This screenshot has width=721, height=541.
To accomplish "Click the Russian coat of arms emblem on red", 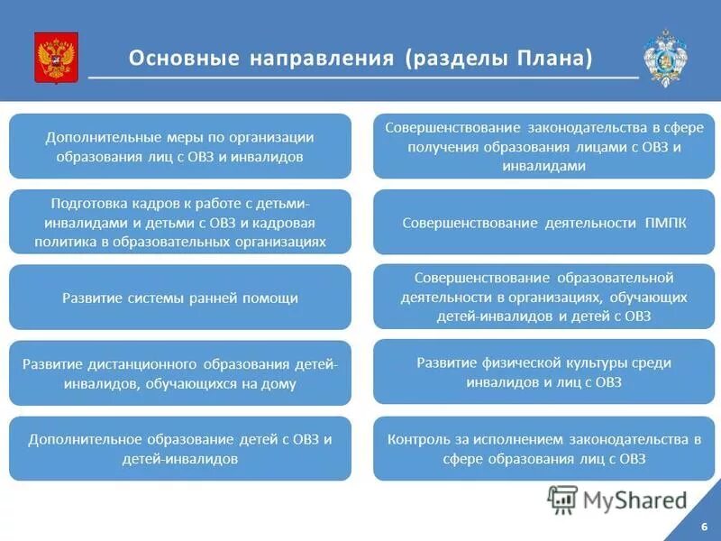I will [56, 58].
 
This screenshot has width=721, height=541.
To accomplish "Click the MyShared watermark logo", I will [617, 499].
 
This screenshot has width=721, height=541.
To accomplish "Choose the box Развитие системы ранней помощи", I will [180, 298].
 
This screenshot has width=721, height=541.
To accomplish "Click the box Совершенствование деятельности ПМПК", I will [543, 222].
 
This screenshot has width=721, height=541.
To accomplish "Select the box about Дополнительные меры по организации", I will [180, 146].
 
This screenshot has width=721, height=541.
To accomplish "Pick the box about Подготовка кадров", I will [180, 222].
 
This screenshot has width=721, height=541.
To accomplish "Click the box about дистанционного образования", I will [180, 373].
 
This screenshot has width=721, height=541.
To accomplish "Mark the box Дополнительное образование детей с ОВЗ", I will [180, 449].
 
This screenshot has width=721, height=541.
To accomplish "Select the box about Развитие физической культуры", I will [543, 371].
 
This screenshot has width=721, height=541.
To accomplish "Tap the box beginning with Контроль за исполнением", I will [543, 449].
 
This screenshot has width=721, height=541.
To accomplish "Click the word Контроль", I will [416, 440].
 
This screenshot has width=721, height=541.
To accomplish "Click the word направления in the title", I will [320, 59].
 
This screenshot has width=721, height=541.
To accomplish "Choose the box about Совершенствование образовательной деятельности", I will [543, 297].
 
